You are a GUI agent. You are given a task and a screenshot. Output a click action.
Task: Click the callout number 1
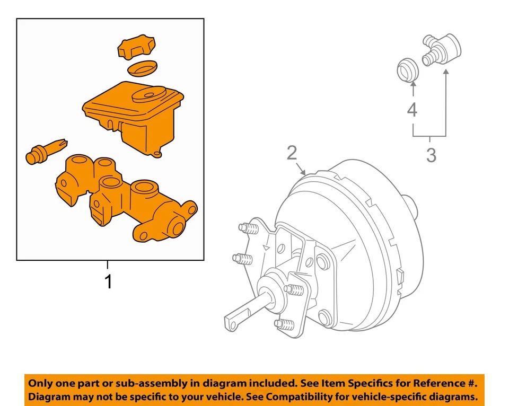pos(109,282)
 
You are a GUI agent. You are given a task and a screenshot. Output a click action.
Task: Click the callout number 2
pos(292,153)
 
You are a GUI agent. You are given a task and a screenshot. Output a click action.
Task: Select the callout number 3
pos(431,156)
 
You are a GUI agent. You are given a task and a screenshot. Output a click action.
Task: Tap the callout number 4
pos(412,110)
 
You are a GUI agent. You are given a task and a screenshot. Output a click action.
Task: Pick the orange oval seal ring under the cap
pos(143,68)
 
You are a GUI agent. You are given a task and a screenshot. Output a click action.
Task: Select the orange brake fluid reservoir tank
pos(133,117)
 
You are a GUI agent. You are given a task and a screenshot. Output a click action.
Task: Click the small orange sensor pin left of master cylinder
pos(46,150)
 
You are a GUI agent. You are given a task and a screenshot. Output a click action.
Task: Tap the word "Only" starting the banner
pos(41,383)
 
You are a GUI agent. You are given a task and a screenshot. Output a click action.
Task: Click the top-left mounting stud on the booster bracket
pos(247,229)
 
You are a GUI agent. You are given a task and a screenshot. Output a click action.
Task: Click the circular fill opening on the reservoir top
pos(148,97)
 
